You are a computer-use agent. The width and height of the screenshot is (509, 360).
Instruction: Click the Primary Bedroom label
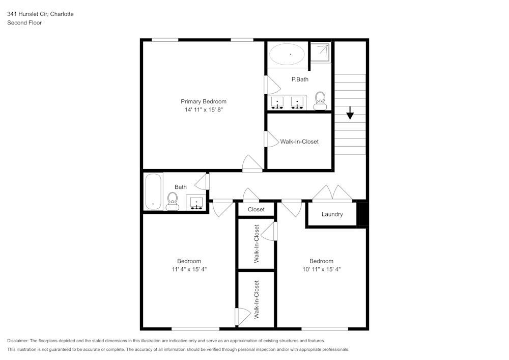(x=204, y=101)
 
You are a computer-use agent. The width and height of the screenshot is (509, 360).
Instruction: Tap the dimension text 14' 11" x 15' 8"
(x=204, y=109)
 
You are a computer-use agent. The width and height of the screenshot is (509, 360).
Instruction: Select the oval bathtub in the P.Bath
(x=287, y=53)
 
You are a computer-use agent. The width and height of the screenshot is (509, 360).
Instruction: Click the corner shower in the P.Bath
(x=320, y=51)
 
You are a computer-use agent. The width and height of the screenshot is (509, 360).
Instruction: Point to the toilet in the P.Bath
(x=320, y=100)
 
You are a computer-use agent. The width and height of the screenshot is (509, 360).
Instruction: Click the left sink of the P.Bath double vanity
(x=277, y=103)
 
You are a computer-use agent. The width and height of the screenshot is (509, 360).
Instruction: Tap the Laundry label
(x=332, y=214)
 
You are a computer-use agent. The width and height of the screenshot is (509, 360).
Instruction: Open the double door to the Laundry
(x=332, y=193)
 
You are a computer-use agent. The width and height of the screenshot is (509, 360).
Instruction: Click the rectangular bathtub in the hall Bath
(x=153, y=191)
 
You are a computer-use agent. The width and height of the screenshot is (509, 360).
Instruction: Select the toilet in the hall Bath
(x=172, y=201)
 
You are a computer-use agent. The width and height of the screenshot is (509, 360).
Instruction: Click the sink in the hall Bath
(x=196, y=203)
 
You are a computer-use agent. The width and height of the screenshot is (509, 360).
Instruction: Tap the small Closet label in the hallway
(x=256, y=209)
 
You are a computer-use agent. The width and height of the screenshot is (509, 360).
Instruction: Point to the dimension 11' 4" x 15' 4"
(x=189, y=269)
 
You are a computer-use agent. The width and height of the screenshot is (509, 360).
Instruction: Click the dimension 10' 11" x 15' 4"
(x=321, y=269)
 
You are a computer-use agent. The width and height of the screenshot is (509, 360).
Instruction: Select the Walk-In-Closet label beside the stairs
(x=299, y=142)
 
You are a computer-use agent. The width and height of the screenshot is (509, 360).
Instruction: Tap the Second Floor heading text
(x=24, y=23)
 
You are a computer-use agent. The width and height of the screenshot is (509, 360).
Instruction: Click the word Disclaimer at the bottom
(x=18, y=341)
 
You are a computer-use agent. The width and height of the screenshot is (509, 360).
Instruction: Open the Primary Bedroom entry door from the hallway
(x=252, y=163)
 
